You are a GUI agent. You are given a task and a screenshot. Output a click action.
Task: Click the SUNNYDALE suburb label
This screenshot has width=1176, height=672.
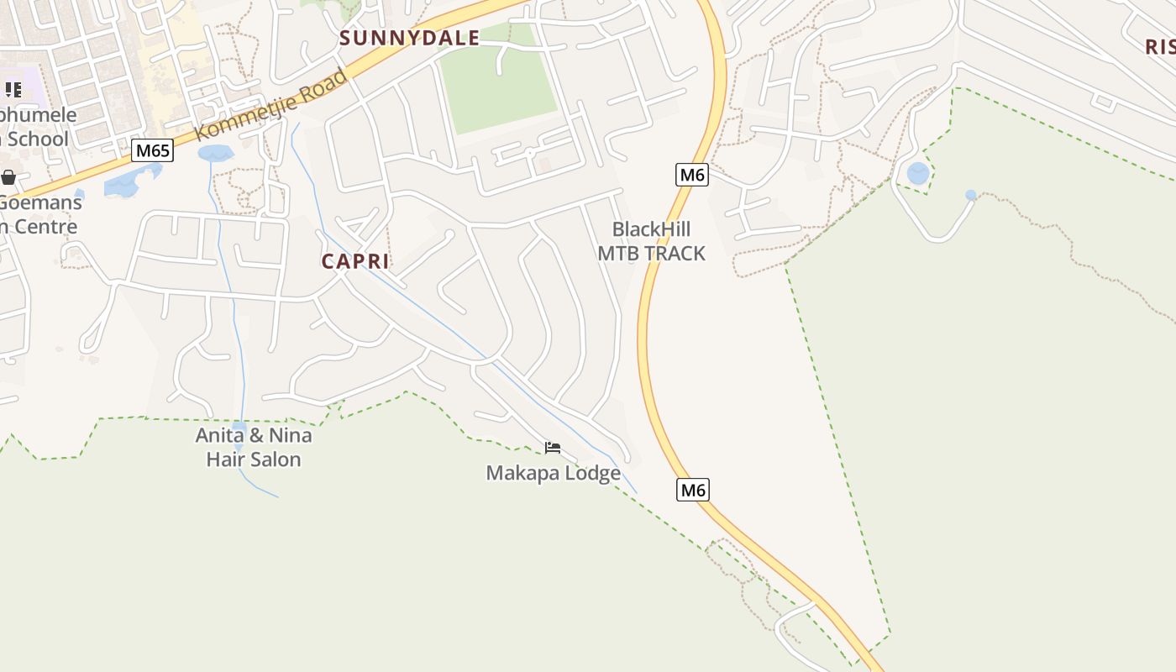pyautogui.click(x=409, y=38)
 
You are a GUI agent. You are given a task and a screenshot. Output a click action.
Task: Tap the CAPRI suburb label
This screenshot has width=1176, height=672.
pyautogui.click(x=355, y=261)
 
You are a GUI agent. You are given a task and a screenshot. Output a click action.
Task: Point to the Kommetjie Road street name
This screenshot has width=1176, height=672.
pyautogui.click(x=270, y=106)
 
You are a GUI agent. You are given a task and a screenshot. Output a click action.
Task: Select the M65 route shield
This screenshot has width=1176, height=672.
pyautogui.click(x=153, y=151)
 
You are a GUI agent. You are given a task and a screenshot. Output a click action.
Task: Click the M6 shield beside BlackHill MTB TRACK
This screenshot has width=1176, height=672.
pyautogui.click(x=692, y=175)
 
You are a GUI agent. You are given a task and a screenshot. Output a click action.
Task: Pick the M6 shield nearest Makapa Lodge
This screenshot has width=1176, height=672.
pyautogui.click(x=693, y=490)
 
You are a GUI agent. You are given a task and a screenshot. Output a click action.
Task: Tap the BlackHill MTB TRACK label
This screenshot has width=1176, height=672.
pyautogui.click(x=651, y=241)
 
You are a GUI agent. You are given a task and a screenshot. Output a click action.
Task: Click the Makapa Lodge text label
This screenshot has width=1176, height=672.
pyautogui.click(x=553, y=474)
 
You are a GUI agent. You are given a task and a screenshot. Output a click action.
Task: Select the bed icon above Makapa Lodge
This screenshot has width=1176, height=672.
pyautogui.click(x=552, y=448)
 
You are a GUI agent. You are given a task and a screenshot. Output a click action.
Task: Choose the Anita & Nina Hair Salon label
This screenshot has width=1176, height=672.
pyautogui.click(x=253, y=447)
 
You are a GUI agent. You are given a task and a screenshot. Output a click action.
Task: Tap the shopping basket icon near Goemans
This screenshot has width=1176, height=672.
pyautogui.click(x=8, y=177)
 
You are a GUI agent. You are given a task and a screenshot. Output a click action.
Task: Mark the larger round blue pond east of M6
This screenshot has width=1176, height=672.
pyautogui.click(x=918, y=174)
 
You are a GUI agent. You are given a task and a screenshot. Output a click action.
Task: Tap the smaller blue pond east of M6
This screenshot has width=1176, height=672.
pyautogui.click(x=971, y=195)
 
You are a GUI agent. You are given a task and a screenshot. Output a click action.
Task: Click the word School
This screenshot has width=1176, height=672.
pyautogui.click(x=37, y=139)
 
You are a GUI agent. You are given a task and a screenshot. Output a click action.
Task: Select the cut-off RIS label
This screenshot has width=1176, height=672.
pyautogui.click(x=1160, y=47)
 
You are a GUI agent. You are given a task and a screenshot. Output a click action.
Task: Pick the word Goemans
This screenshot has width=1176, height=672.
pyautogui.click(x=42, y=202)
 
